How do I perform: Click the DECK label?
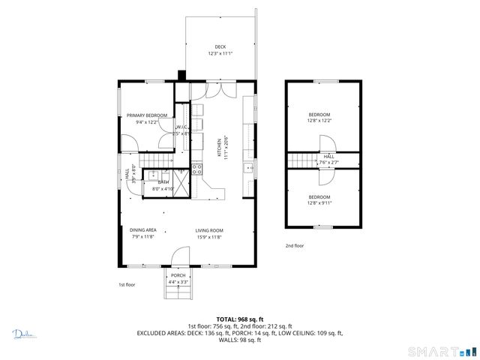(x=220, y=46)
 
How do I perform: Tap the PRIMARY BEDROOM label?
(x=141, y=115)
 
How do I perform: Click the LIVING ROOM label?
(x=209, y=230)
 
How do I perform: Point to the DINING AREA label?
(x=142, y=230)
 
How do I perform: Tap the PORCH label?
(x=178, y=275)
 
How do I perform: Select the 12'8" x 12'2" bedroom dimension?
(x=319, y=120)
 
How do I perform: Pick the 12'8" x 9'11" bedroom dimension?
(x=319, y=201)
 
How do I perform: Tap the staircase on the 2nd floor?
(x=301, y=160)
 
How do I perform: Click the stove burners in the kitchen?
(x=198, y=169)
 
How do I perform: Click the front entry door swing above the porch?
(x=180, y=257)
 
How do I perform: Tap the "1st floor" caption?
(x=127, y=285)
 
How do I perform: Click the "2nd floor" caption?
(x=294, y=245)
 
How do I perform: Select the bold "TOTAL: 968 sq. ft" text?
(x=239, y=319)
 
